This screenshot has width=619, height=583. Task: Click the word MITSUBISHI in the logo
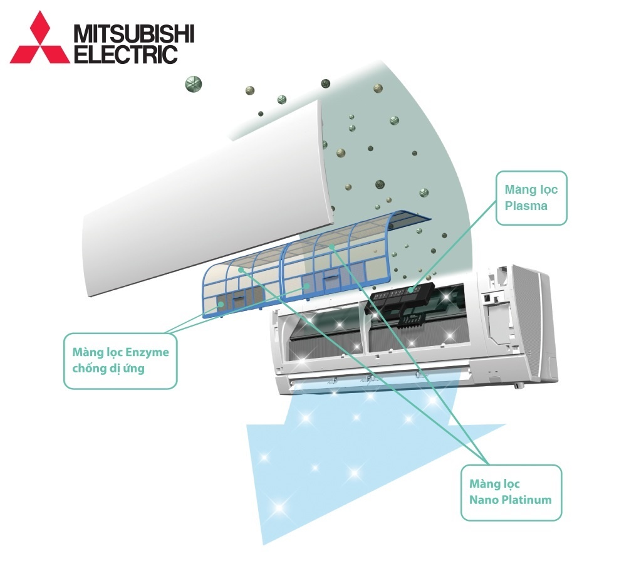click(x=134, y=34)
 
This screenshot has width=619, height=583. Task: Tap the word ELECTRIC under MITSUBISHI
click(x=126, y=54)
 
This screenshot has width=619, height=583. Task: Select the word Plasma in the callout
click(x=526, y=206)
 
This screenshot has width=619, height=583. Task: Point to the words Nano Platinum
click(x=510, y=500)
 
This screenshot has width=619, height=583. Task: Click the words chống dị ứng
click(x=108, y=369)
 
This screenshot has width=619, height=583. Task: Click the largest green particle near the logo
click(x=194, y=83)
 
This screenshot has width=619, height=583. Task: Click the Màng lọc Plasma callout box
click(x=531, y=198)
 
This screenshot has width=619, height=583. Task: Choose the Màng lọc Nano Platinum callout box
click(x=511, y=492)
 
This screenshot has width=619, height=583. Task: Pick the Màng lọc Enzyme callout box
click(x=120, y=360)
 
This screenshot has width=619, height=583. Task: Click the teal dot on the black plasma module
click(x=411, y=290)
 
